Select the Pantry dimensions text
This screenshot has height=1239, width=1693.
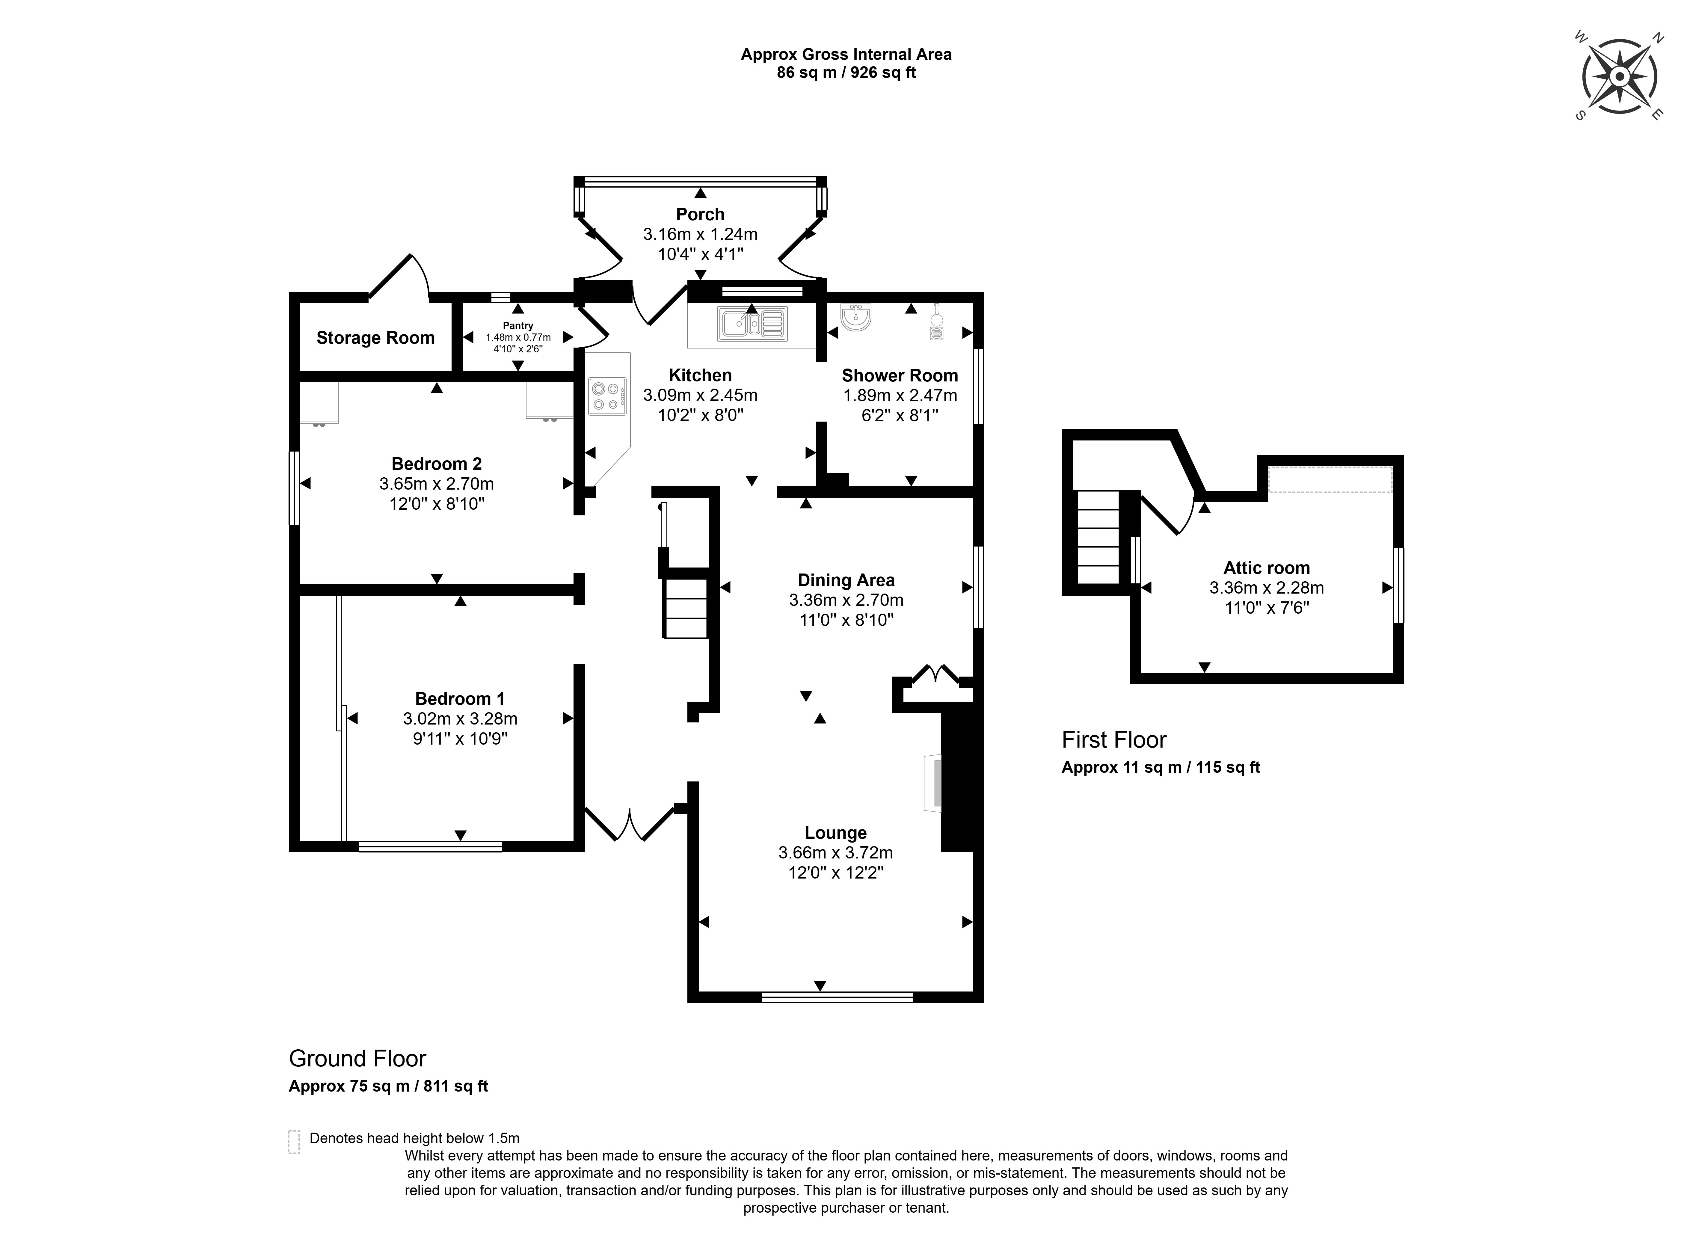[517, 343]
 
